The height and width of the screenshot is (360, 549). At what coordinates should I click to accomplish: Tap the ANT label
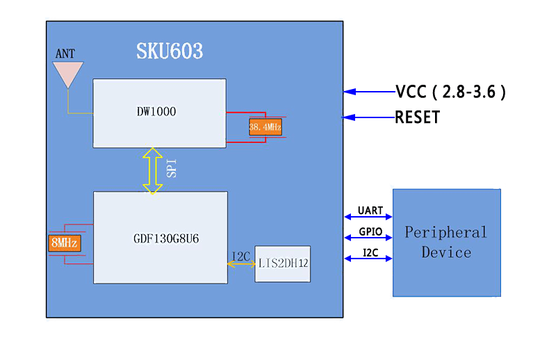click(x=65, y=54)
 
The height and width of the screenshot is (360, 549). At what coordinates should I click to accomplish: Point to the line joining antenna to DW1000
click(x=79, y=113)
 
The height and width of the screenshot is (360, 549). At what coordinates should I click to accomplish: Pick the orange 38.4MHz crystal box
click(x=265, y=127)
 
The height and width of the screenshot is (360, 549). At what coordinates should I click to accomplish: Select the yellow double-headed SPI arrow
click(x=152, y=170)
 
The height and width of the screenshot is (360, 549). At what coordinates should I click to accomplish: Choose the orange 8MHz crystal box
click(x=65, y=243)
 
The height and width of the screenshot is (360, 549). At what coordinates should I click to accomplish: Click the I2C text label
click(x=240, y=256)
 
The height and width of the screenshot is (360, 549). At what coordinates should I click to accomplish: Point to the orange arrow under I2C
click(x=241, y=264)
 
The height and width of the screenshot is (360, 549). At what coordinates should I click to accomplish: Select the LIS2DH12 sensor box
click(x=282, y=263)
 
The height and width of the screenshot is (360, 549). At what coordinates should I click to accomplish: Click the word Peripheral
click(x=446, y=233)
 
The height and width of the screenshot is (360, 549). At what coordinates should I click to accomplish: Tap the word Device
click(x=446, y=252)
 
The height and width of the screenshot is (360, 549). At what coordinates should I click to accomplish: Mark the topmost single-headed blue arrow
click(x=370, y=91)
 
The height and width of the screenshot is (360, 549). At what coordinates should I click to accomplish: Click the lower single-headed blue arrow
click(x=370, y=117)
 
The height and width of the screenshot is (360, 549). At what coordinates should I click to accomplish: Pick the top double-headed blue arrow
click(x=368, y=216)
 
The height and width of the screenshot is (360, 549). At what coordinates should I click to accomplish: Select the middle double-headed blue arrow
click(x=368, y=238)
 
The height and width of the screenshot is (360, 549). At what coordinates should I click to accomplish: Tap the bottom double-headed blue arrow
click(x=368, y=259)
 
